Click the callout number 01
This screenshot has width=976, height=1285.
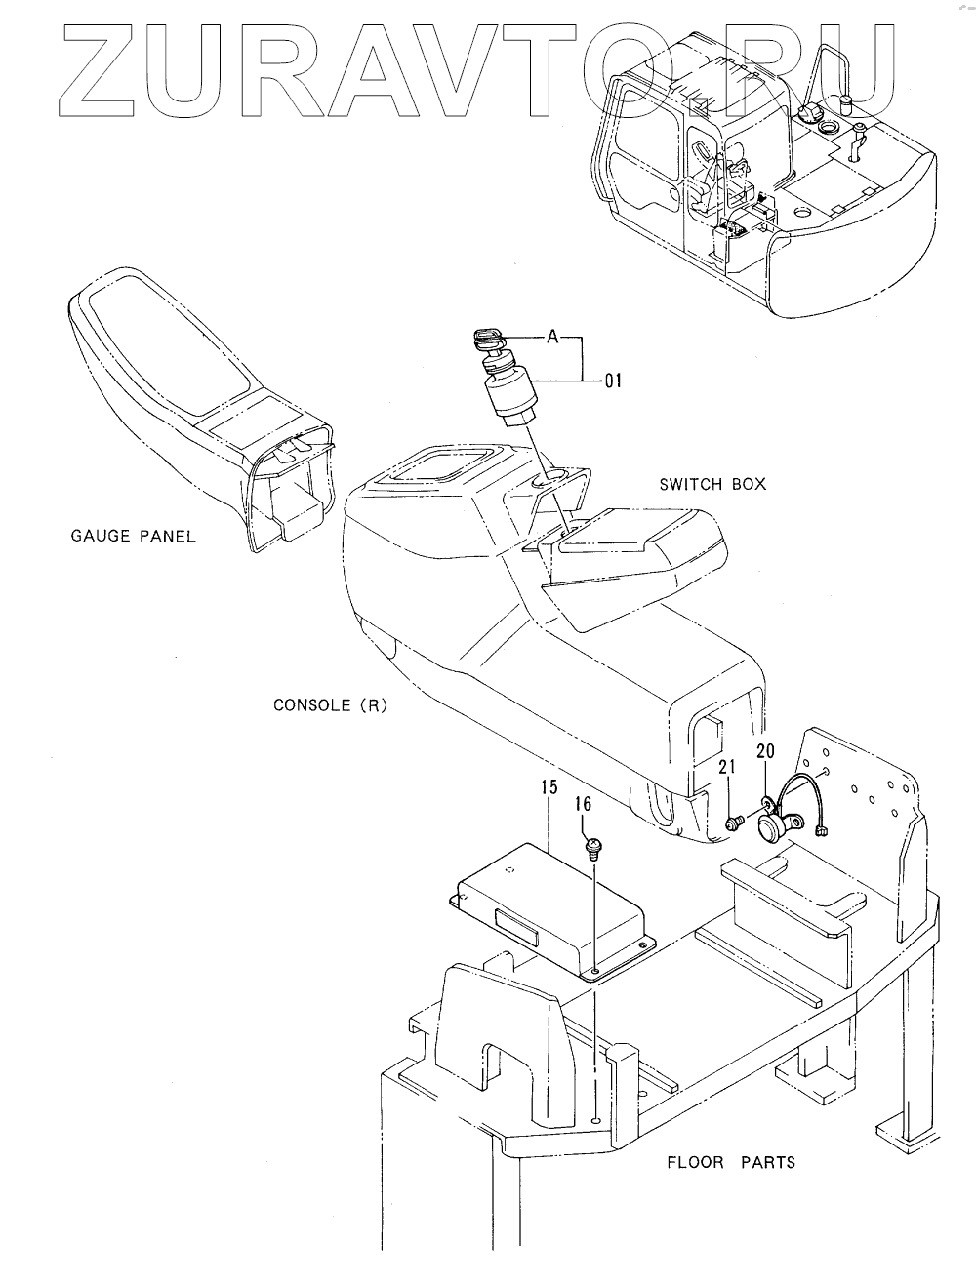[612, 381]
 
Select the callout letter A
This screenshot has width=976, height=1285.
[552, 337]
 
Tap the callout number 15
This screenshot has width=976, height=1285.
[549, 786]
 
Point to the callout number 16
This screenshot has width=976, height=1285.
[583, 804]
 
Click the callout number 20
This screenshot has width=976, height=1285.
[765, 750]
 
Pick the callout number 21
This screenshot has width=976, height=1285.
[726, 769]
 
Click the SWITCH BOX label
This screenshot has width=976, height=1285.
[712, 484]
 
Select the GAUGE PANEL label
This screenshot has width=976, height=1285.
[134, 536]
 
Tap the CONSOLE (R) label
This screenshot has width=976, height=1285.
[330, 704]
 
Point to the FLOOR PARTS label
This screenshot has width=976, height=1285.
[730, 1162]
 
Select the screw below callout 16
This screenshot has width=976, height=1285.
[592, 846]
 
